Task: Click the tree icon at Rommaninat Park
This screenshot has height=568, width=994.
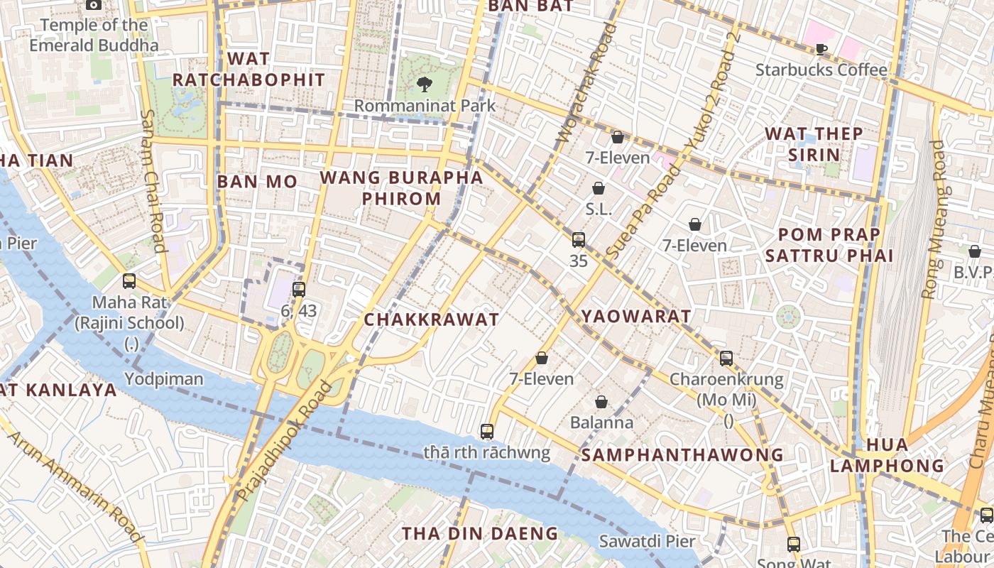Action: (424, 84)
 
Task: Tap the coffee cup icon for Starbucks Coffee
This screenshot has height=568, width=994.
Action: (821, 49)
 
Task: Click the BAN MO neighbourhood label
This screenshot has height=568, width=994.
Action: (257, 182)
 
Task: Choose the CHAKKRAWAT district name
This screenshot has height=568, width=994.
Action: (432, 320)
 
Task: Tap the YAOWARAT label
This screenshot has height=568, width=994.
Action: (636, 317)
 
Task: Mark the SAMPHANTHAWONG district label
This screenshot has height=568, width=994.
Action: (682, 455)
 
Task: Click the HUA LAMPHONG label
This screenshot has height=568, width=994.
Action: (887, 455)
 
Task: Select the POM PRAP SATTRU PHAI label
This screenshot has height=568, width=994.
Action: (829, 245)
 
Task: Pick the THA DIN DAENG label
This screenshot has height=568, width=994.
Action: (480, 533)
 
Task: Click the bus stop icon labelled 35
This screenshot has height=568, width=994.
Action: (579, 240)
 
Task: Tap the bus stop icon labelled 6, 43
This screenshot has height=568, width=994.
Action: (299, 289)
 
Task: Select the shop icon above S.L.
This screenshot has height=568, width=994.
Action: (599, 188)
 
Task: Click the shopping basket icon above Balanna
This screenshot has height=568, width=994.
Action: (601, 402)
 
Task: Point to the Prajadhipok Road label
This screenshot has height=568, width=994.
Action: (285, 441)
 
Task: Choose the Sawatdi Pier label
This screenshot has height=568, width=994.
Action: (647, 541)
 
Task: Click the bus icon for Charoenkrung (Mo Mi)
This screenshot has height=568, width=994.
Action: (726, 359)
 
